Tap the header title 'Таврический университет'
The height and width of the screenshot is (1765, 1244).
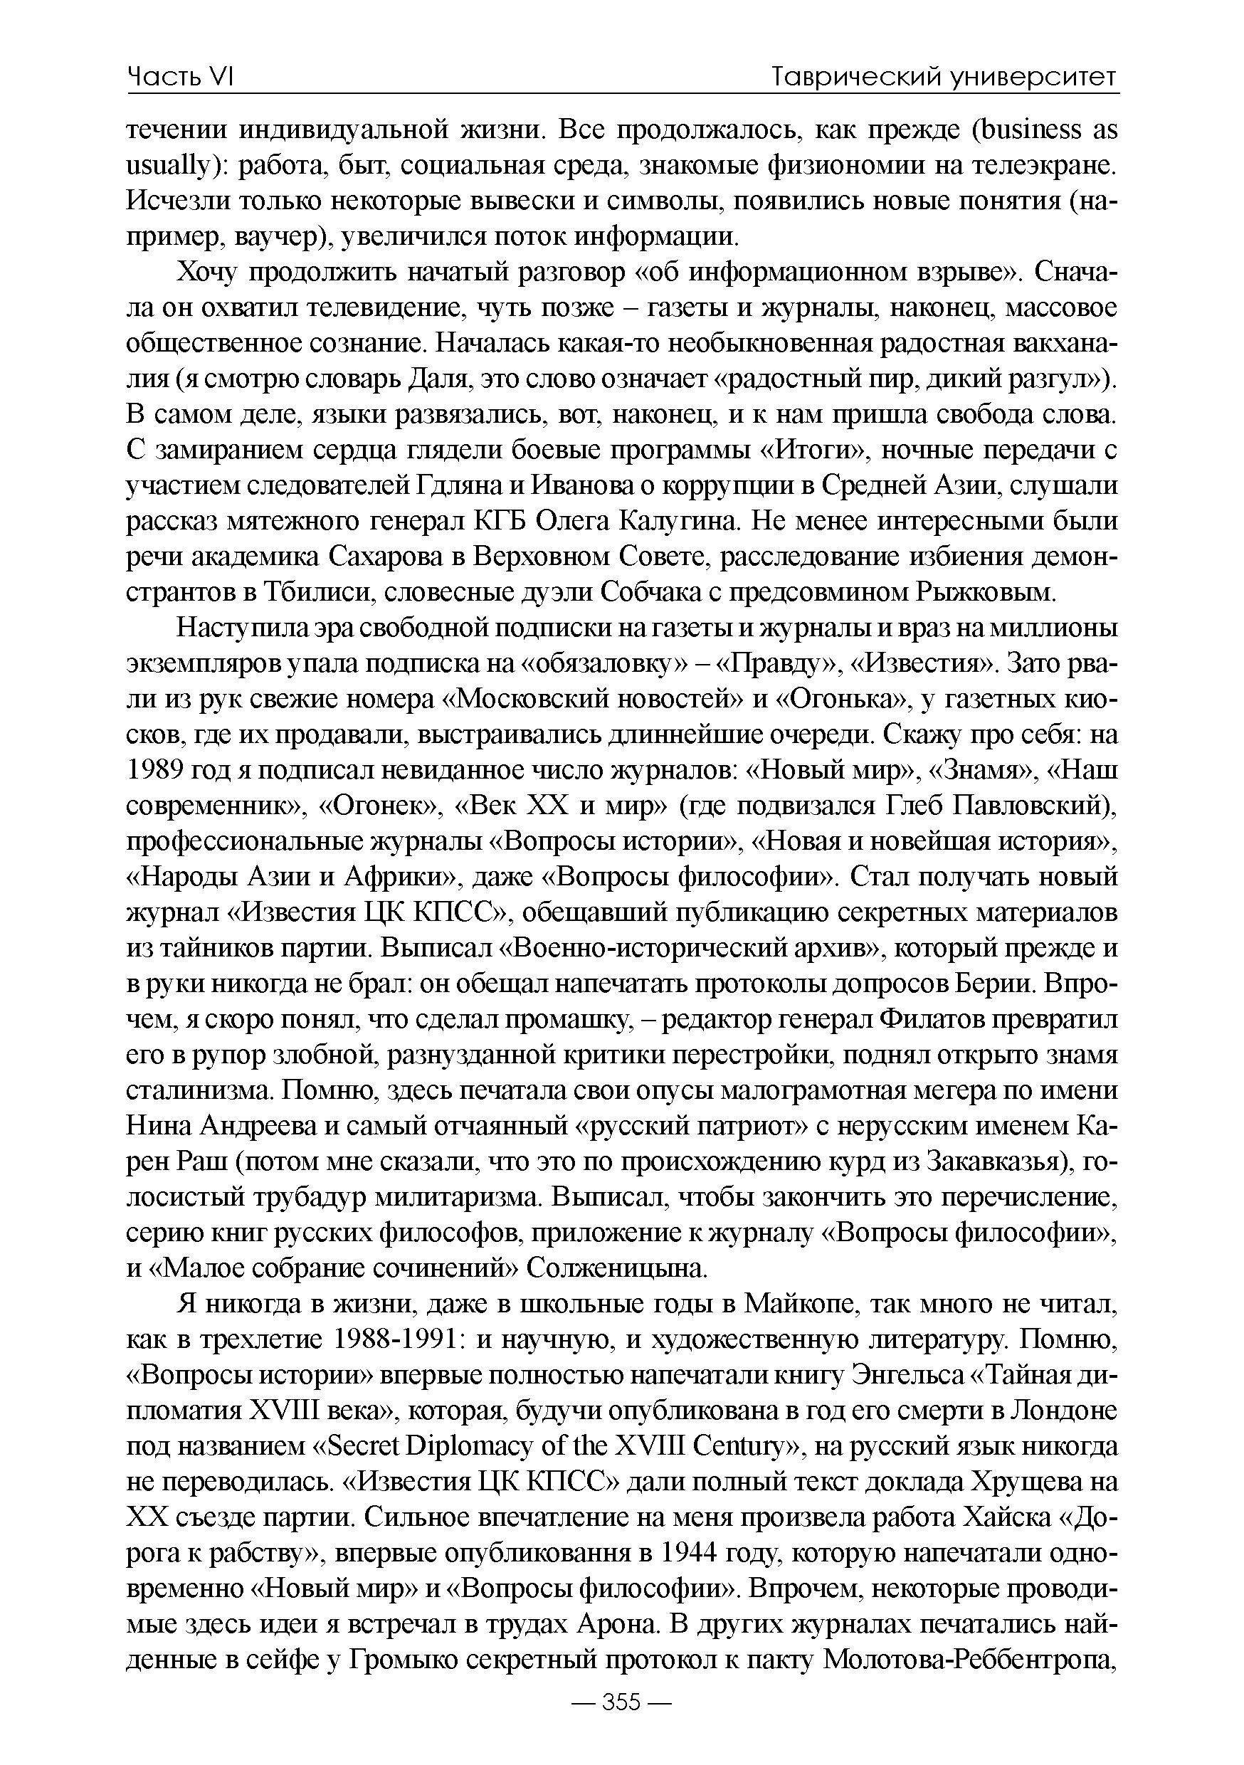pos(944,77)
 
